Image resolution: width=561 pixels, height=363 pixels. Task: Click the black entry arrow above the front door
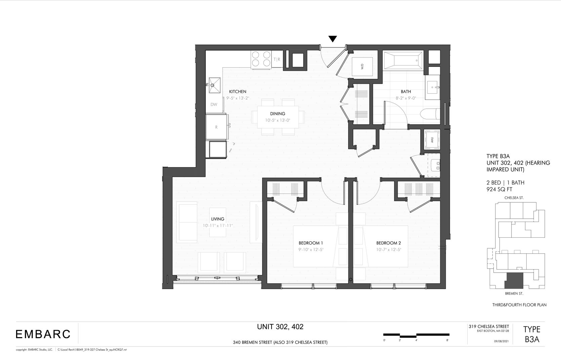click(332, 39)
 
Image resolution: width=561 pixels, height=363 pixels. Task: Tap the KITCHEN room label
click(238, 91)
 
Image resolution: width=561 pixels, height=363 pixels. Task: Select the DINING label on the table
click(277, 114)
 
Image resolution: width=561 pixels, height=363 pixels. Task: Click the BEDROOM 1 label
click(311, 243)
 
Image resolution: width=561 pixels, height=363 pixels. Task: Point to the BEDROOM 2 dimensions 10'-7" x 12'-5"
click(389, 250)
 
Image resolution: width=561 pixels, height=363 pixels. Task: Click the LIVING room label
click(217, 219)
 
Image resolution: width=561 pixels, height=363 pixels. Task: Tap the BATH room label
click(406, 91)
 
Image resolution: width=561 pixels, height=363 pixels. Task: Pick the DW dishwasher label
click(214, 105)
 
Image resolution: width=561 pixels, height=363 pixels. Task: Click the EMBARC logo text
click(43, 334)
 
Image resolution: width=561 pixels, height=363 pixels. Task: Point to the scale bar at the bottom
click(416, 335)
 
